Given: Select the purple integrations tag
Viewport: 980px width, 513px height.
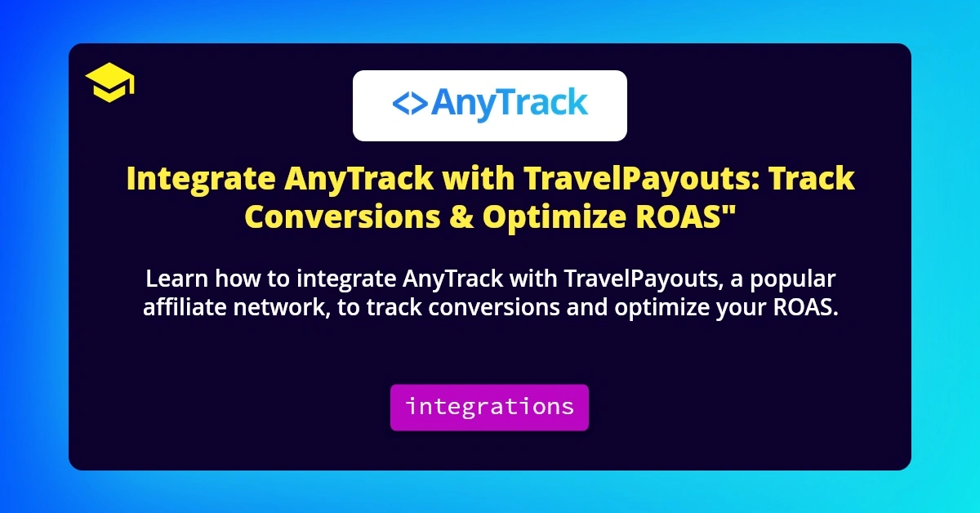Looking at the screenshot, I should (489, 407).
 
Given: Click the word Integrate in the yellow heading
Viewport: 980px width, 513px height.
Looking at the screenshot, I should (199, 179).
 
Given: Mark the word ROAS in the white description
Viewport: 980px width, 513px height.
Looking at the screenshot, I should (802, 307).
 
